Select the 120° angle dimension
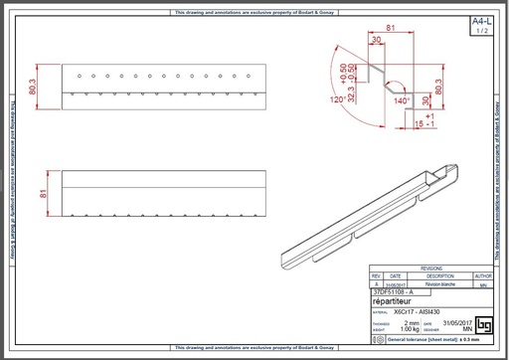[337, 100]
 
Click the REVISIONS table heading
[432, 269]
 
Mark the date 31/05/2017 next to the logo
[453, 322]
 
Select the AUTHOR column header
[483, 275]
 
